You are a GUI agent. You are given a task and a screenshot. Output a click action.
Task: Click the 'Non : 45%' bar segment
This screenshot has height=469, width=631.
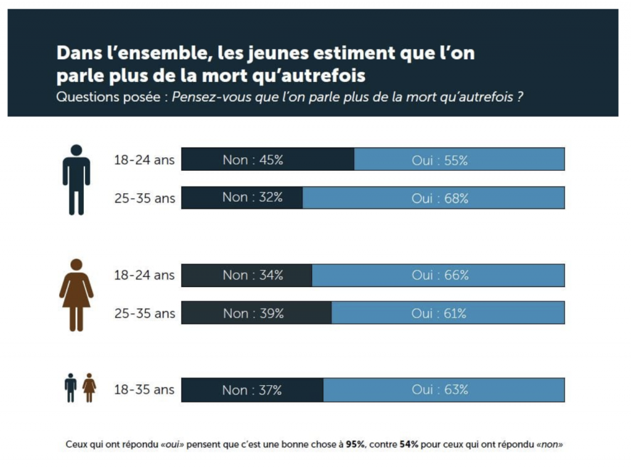267,160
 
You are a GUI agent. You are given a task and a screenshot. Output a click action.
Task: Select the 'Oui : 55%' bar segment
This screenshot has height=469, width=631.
459,160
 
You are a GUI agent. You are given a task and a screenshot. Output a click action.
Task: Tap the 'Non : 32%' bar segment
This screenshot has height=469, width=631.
242,197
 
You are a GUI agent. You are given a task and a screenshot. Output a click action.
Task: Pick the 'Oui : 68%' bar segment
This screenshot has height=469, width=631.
433,198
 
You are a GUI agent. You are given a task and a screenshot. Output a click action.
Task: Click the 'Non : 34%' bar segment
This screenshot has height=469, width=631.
246,275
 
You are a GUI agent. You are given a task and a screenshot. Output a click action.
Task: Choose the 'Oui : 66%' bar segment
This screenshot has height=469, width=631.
438,275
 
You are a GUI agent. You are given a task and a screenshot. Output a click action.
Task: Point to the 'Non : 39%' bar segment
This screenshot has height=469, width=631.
256,313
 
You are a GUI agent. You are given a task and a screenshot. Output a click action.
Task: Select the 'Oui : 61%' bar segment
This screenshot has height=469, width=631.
448,313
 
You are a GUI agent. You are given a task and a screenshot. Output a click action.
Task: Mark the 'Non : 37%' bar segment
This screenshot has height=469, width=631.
252,390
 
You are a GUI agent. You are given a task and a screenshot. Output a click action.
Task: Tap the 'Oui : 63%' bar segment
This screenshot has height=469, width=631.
444,390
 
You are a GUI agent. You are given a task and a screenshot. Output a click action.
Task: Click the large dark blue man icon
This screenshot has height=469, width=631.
76,180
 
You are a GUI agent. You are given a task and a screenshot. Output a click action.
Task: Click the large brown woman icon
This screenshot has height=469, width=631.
76,295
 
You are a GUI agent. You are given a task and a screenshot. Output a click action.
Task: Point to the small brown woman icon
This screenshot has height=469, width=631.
89,388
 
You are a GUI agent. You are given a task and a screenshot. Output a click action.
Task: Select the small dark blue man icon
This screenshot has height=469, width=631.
71,388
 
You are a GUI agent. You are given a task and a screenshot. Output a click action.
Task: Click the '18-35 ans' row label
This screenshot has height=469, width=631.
144,390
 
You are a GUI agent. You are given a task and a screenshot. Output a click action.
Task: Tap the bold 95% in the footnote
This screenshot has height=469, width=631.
356,444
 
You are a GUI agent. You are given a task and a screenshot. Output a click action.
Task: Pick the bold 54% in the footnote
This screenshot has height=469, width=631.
409,444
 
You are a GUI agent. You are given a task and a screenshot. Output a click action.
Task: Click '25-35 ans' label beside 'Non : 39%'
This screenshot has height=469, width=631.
144,313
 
